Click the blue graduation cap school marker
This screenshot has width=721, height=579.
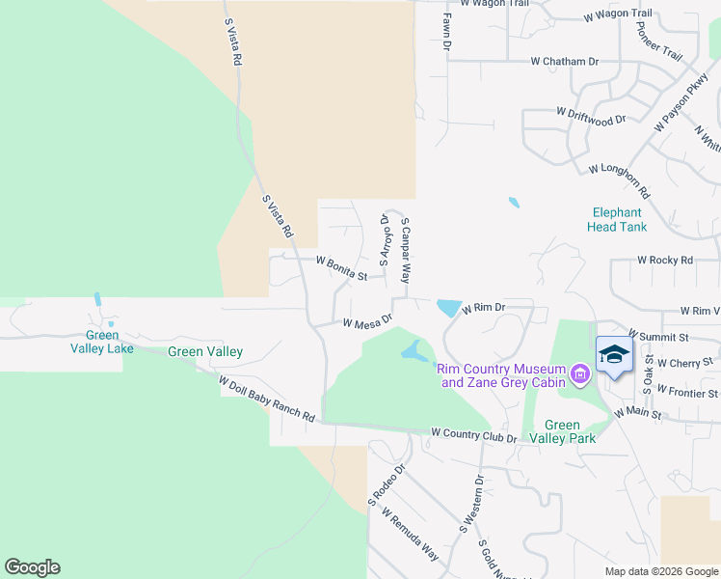[614, 355]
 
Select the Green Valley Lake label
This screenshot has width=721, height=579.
[101, 342]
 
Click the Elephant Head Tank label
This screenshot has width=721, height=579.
[617, 220]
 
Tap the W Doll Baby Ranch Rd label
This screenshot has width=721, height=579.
[267, 400]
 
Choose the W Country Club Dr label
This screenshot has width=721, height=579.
[473, 435]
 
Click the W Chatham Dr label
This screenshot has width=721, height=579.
[564, 61]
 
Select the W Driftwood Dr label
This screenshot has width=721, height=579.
[591, 116]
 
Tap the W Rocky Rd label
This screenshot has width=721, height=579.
[665, 261]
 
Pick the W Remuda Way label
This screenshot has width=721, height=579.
[411, 535]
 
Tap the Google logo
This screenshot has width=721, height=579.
[32, 567]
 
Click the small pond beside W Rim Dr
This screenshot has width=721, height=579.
[449, 308]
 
